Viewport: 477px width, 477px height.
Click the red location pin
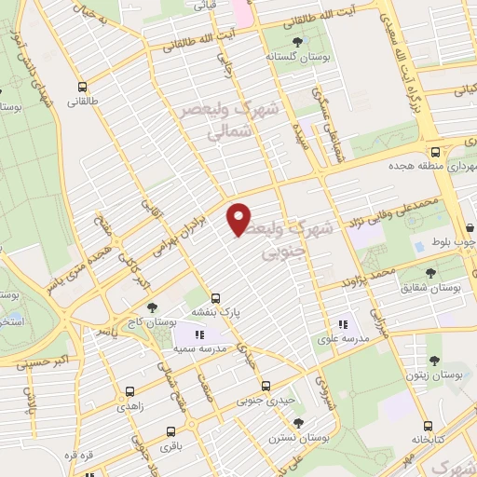239,218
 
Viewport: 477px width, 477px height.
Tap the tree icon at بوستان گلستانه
297,42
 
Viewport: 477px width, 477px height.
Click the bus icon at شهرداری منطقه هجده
435,151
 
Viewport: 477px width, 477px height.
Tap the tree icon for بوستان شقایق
429,273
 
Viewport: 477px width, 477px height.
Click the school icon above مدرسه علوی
344,324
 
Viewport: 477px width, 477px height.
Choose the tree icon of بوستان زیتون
432,360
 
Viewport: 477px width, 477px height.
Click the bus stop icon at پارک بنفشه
216,298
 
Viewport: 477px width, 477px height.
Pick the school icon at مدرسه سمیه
198,334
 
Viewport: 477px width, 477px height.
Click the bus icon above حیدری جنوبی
266,385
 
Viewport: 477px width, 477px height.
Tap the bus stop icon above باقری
170,431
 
